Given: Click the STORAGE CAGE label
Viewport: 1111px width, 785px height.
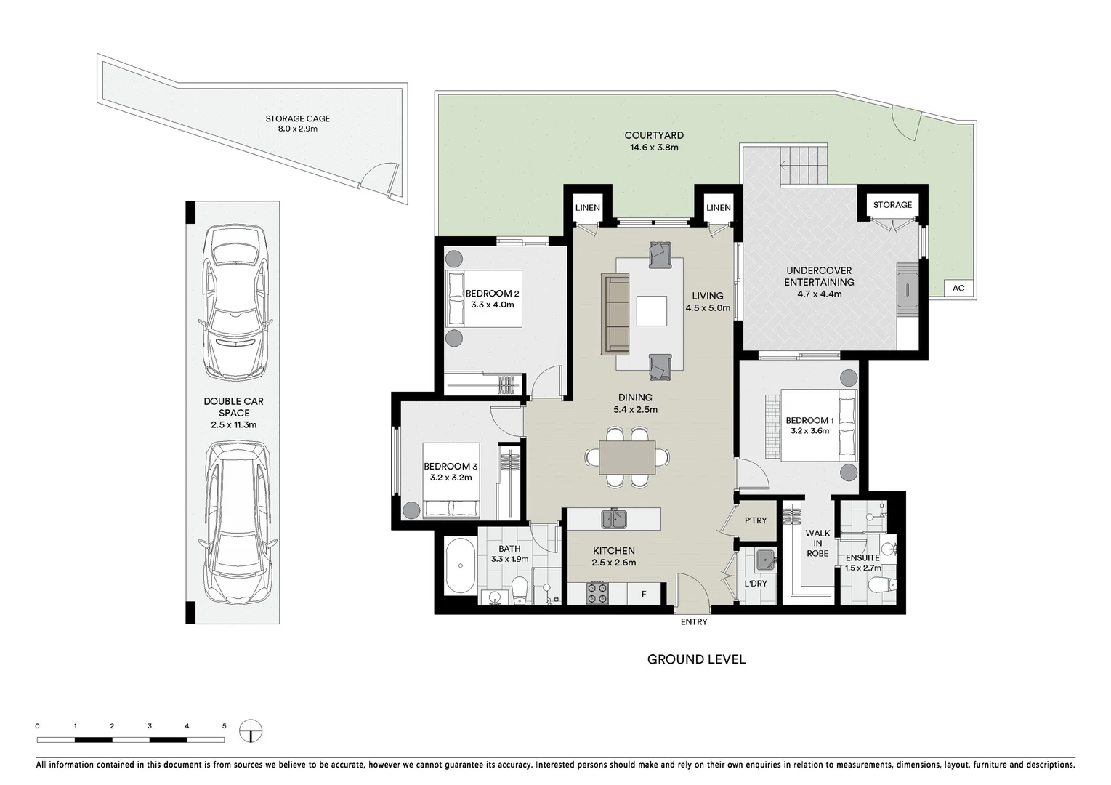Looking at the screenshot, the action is (x=298, y=118).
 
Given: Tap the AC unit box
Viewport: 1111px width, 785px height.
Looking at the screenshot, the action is (x=958, y=288).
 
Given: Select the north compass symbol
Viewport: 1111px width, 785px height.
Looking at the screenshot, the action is (x=251, y=731).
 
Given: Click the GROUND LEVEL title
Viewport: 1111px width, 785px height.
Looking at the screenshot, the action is (x=696, y=659).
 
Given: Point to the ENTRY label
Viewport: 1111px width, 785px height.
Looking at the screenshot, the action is (x=694, y=621).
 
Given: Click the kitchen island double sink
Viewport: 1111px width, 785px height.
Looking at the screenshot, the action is (x=614, y=519).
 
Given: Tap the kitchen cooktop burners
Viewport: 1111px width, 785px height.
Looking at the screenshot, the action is (x=597, y=593).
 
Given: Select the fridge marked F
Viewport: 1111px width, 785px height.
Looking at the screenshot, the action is (x=644, y=593).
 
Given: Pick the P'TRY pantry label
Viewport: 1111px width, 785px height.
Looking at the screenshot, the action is (x=756, y=520).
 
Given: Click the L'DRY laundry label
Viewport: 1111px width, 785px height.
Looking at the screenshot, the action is (x=756, y=584).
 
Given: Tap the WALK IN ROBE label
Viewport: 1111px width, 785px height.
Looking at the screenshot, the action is (x=817, y=543).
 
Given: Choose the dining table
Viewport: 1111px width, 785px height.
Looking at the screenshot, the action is (x=627, y=457).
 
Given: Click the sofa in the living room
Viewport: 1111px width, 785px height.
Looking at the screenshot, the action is (x=615, y=314).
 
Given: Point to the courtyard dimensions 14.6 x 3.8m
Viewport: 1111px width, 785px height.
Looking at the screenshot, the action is (x=654, y=148).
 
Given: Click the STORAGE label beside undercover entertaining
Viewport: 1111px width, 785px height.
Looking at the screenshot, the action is (x=892, y=204).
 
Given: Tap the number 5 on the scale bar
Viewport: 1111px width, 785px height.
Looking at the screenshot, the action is (x=225, y=726).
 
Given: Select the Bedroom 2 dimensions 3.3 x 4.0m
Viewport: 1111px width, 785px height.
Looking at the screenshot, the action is (x=493, y=305).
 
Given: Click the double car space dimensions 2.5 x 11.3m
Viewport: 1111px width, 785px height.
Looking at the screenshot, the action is (x=233, y=424).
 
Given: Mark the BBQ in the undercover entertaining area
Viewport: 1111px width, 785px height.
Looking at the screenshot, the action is (x=907, y=290).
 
